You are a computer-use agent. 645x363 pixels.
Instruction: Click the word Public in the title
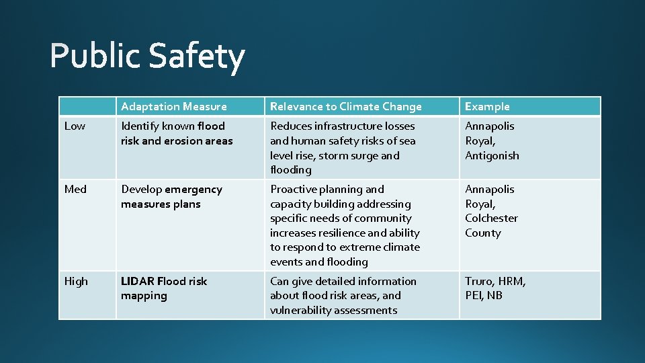[95, 56]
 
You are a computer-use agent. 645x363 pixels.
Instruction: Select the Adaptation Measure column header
[174, 106]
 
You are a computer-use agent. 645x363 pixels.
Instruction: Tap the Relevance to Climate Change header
[345, 106]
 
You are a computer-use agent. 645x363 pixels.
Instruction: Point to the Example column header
[487, 106]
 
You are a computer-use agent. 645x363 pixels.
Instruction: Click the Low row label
[75, 126]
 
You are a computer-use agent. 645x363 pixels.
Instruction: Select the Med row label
[75, 190]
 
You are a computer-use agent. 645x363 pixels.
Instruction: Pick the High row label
[76, 282]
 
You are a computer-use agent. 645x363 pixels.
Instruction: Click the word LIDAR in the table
[138, 282]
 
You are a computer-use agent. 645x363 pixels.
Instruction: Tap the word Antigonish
[492, 155]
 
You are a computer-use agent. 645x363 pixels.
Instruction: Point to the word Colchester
[491, 218]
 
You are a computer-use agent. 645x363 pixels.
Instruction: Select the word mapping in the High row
[144, 296]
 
